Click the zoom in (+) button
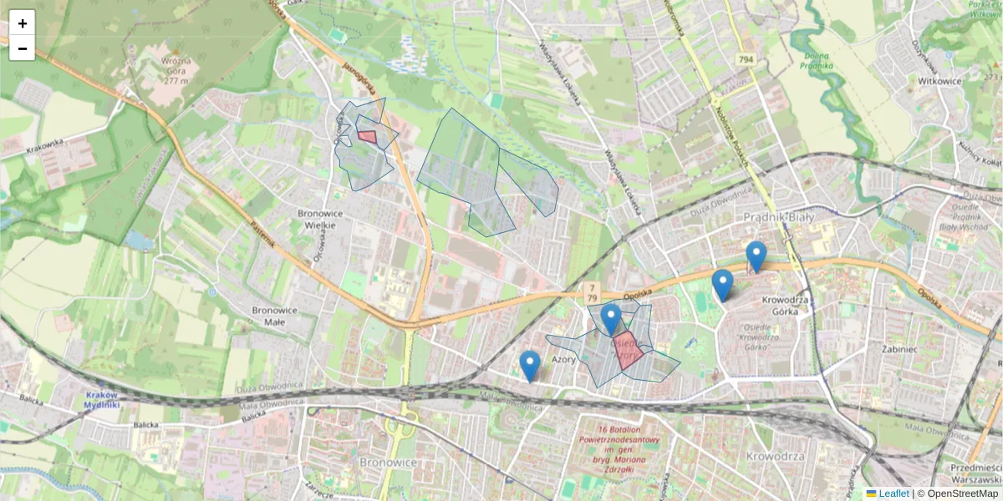[x=23, y=23]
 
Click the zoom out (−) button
[x=23, y=48]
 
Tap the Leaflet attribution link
[x=894, y=493]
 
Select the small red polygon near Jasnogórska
[x=367, y=137]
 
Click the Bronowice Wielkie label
[x=317, y=219]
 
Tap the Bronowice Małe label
[x=275, y=316]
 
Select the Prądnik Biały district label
[x=779, y=217]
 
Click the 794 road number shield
[x=746, y=59]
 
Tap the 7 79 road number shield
[x=591, y=292]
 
